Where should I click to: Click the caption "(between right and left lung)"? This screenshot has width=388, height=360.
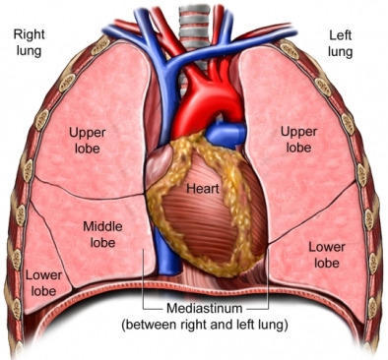[207, 323]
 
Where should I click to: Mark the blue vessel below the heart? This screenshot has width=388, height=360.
[178, 270]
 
